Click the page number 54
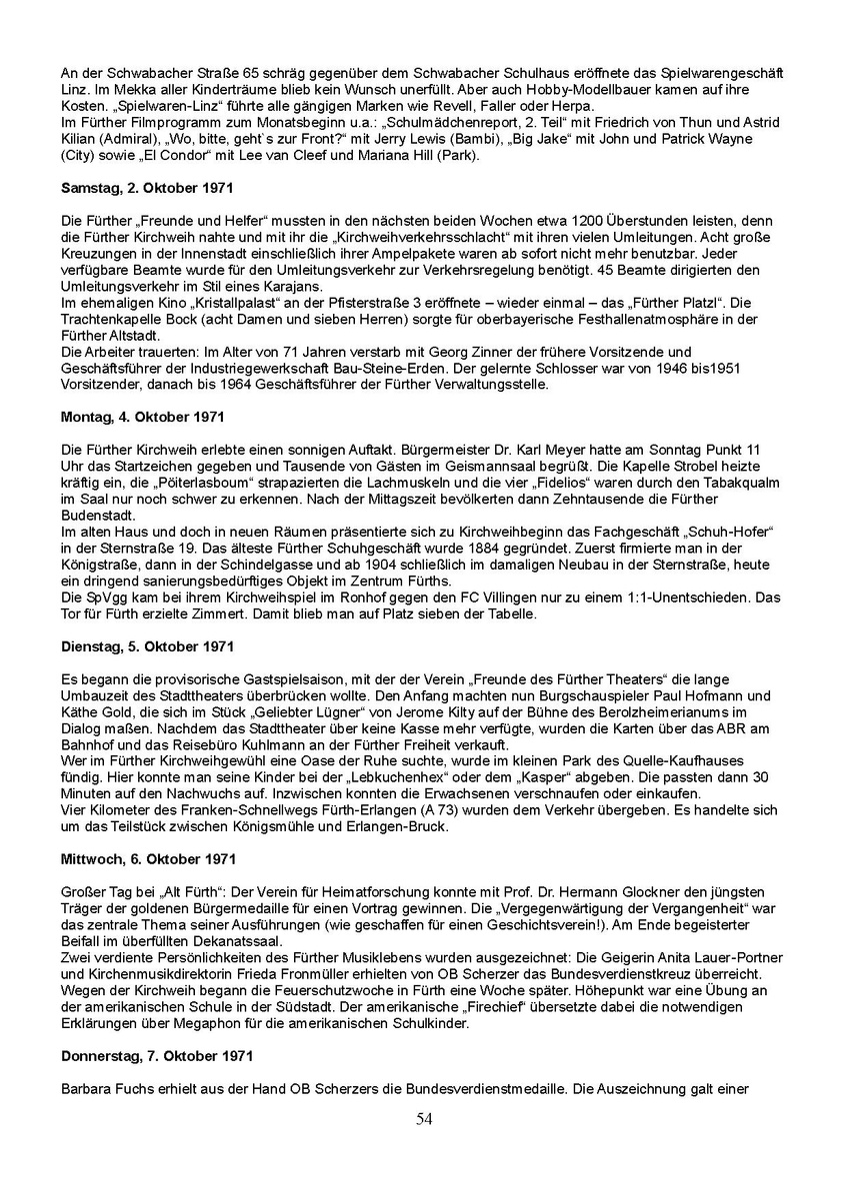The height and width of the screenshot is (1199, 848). point(424,1119)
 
